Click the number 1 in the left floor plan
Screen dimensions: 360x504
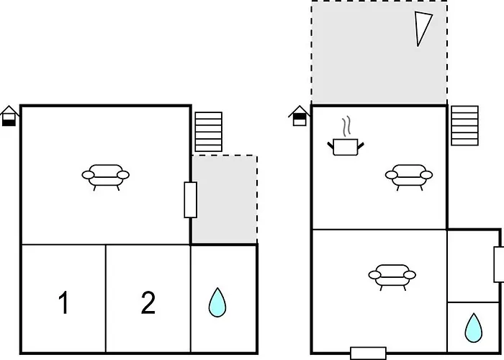pos(63,304)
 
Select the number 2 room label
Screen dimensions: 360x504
pos(148,303)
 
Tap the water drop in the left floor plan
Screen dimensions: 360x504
pos(217,302)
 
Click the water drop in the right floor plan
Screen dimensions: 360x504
pos(473,327)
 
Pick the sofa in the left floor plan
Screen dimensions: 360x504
pos(105,175)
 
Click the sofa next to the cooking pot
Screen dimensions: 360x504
pos(408,174)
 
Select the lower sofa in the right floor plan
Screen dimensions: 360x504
pos(392,275)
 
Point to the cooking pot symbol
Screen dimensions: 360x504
pos(346,147)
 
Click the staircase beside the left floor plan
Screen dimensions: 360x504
pos(209,132)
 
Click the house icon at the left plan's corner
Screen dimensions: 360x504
pos(9,115)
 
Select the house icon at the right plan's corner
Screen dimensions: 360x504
pos(299,115)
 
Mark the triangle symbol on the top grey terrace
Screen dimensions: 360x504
pos(425,29)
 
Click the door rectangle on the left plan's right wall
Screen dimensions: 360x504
pos(191,199)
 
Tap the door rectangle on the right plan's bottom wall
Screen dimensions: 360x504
pos(368,353)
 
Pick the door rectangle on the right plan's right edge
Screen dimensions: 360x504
pos(498,264)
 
